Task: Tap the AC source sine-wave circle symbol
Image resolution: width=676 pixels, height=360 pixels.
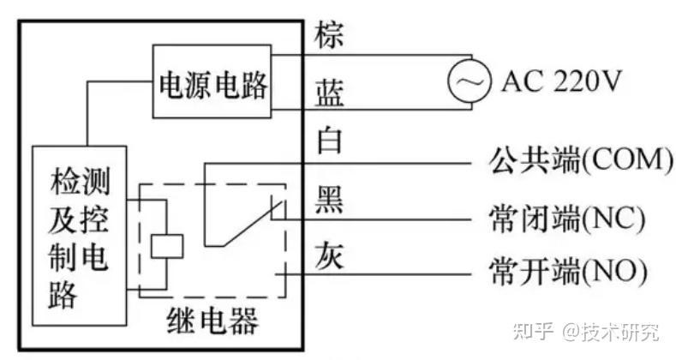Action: (x=469, y=81)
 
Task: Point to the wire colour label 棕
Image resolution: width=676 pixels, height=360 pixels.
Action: (x=329, y=35)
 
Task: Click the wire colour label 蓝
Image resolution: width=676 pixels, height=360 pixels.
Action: (x=330, y=93)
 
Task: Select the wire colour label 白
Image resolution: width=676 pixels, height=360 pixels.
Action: (x=329, y=140)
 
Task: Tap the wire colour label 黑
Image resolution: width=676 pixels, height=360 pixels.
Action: (x=329, y=200)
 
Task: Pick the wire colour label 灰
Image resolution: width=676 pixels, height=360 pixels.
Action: (x=329, y=255)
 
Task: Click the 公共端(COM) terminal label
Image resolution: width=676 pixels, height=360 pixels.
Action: (x=580, y=160)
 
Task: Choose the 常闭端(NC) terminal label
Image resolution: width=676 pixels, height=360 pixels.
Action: (x=567, y=219)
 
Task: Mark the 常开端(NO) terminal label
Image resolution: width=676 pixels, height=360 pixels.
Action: (x=568, y=272)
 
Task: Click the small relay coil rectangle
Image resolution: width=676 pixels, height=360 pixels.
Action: (x=167, y=246)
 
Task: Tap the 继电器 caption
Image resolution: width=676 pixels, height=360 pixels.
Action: (x=212, y=321)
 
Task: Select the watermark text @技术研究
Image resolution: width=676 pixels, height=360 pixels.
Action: (x=611, y=331)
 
